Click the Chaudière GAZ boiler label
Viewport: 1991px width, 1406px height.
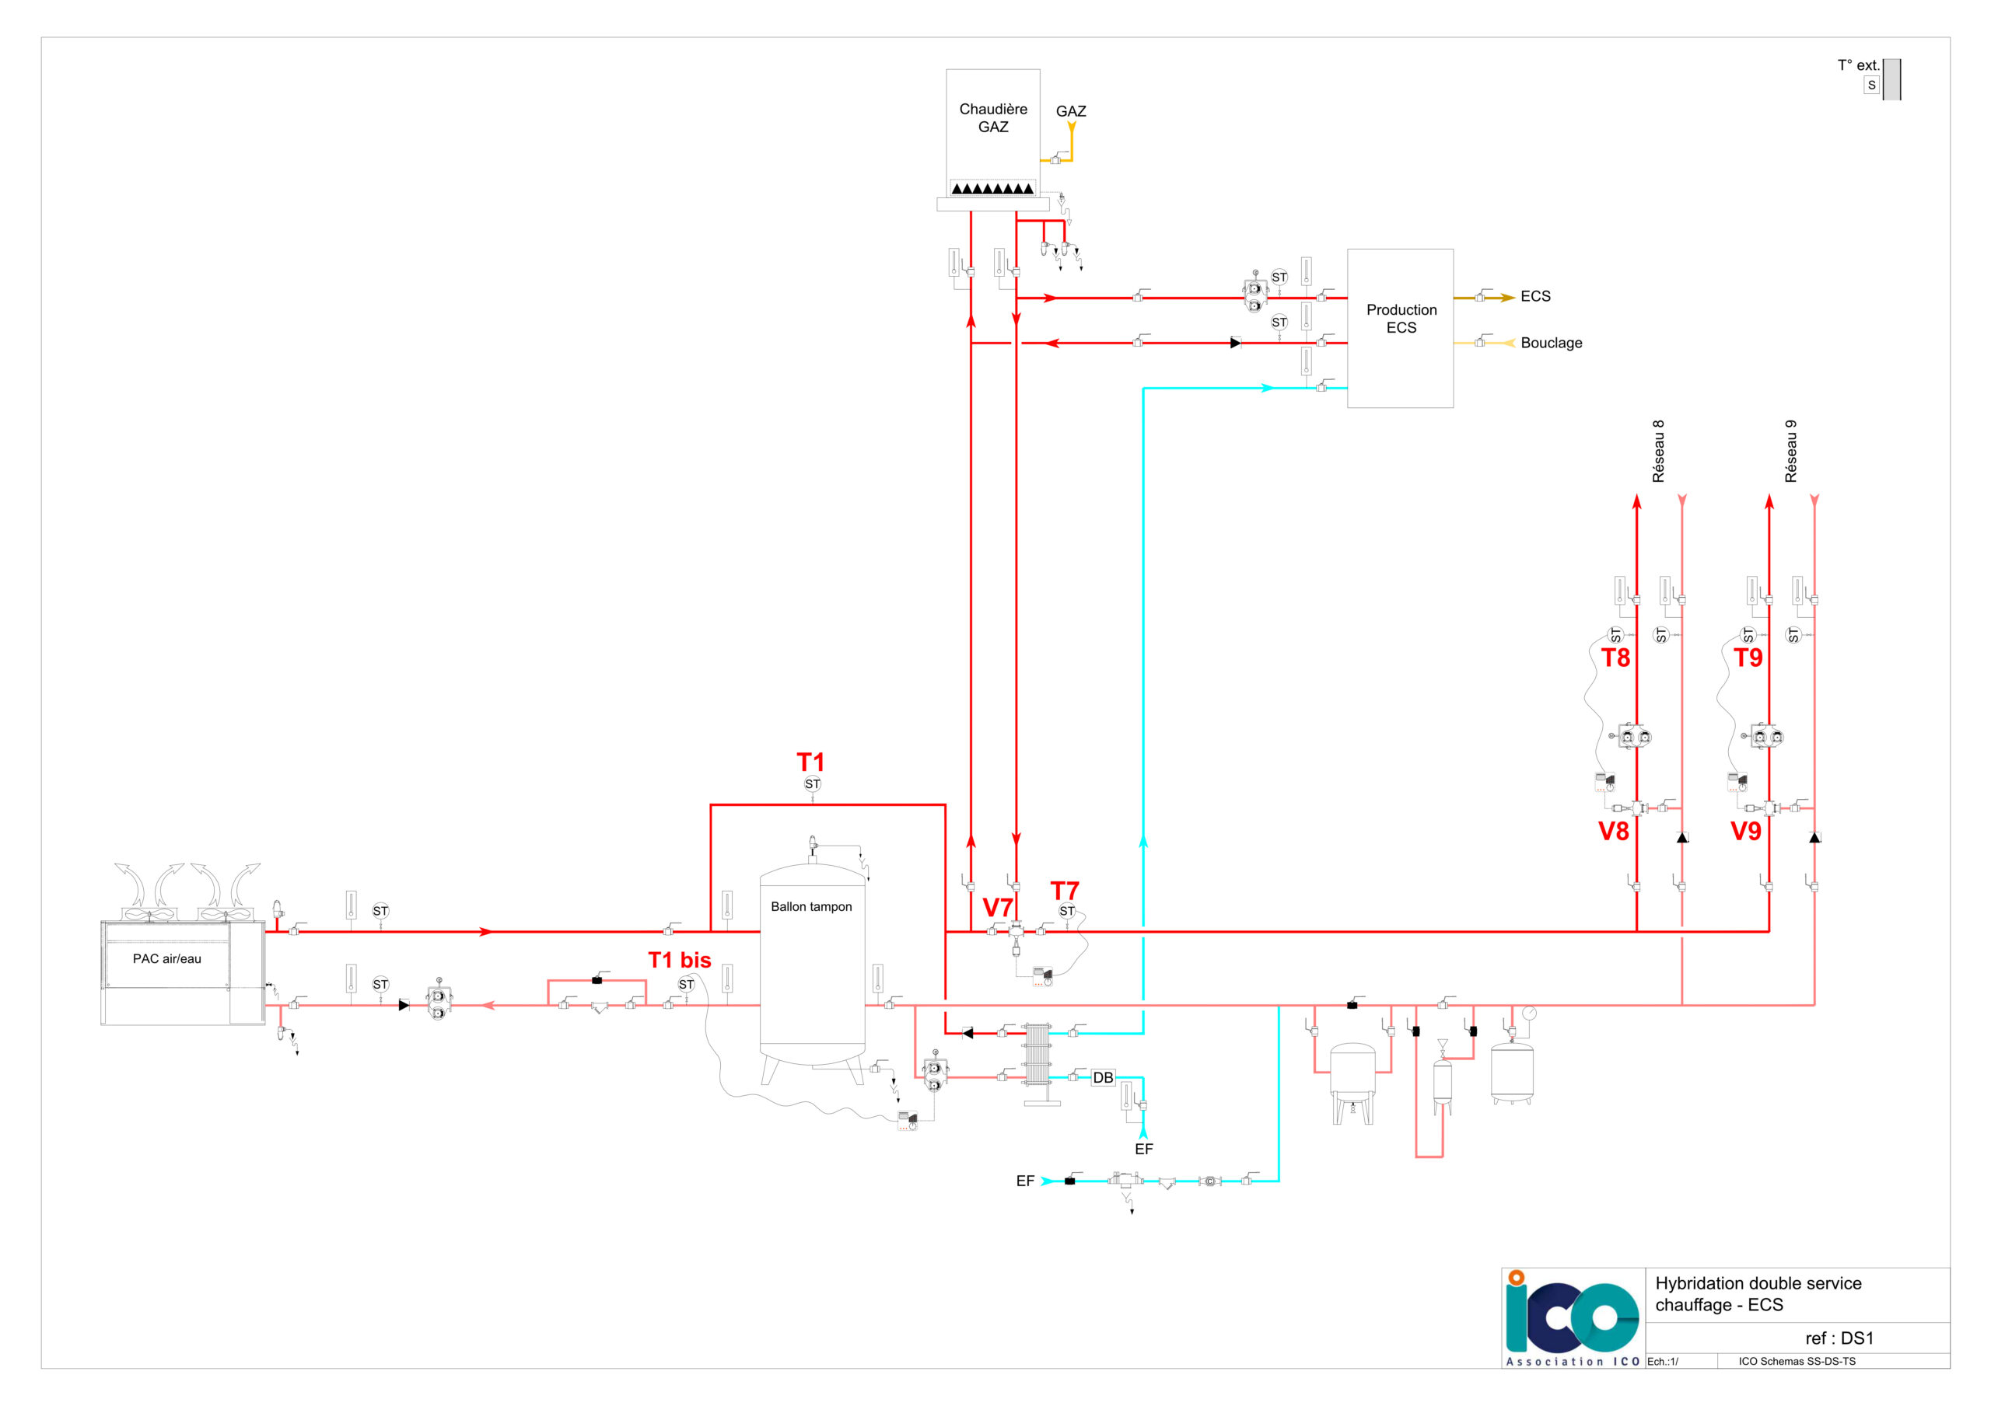pyautogui.click(x=993, y=118)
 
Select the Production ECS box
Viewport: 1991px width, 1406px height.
pyautogui.click(x=1400, y=329)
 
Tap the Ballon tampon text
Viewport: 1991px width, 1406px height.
pyautogui.click(x=811, y=907)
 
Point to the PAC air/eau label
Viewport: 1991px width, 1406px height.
pyautogui.click(x=166, y=959)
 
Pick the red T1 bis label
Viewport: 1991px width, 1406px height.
pyautogui.click(x=680, y=960)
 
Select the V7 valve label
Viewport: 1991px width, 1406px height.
pyautogui.click(x=997, y=908)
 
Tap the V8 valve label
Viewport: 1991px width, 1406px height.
pyautogui.click(x=1614, y=832)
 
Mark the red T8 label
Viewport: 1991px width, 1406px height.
pyautogui.click(x=1615, y=658)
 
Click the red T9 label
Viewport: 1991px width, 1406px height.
pyautogui.click(x=1748, y=658)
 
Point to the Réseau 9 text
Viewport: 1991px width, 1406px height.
pyautogui.click(x=1790, y=452)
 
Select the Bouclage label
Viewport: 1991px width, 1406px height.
pyautogui.click(x=1552, y=344)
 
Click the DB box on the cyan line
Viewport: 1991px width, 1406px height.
pyautogui.click(x=1102, y=1077)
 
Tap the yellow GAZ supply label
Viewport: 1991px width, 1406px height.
pyautogui.click(x=1071, y=111)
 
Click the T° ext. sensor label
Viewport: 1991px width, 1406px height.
pyautogui.click(x=1858, y=65)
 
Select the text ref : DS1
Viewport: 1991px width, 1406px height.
pyautogui.click(x=1839, y=1338)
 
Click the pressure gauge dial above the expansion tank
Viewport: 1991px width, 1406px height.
pyautogui.click(x=1529, y=1014)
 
